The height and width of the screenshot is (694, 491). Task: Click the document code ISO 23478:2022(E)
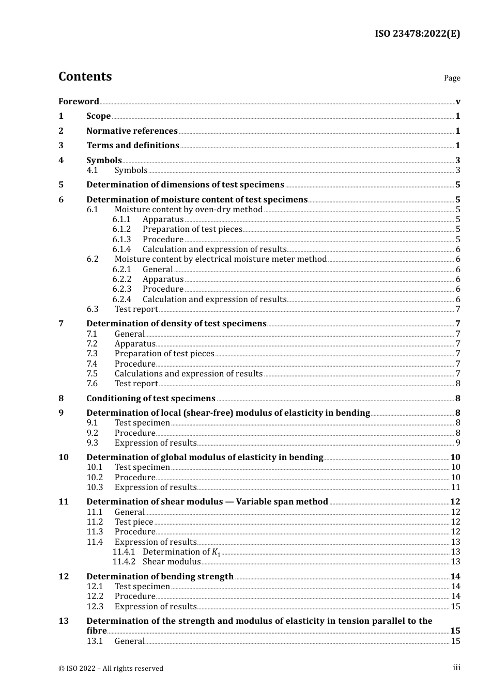tap(417, 34)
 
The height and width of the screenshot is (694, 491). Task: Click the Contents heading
tap(85, 76)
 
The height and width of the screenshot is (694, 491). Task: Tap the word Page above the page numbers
tap(452, 78)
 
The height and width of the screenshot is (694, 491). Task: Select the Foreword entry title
tap(79, 101)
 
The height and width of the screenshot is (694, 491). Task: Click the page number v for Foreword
tap(458, 101)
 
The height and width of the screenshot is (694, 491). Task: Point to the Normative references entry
tap(132, 131)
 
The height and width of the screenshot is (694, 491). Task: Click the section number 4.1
tap(92, 170)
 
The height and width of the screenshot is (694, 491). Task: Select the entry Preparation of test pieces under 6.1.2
tap(192, 229)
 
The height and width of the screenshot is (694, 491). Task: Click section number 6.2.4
tap(121, 299)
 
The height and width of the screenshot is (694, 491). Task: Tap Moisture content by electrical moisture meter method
tap(220, 259)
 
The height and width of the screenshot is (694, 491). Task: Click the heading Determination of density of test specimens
tap(176, 324)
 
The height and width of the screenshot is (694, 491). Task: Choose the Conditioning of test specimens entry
tap(150, 398)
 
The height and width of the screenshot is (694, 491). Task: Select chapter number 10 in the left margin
tap(64, 458)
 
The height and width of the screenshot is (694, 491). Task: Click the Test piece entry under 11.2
tap(134, 522)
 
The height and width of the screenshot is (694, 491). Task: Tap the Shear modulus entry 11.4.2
tap(172, 562)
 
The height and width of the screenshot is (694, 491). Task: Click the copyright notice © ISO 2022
tap(111, 668)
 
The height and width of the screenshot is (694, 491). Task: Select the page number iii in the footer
tap(456, 668)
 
